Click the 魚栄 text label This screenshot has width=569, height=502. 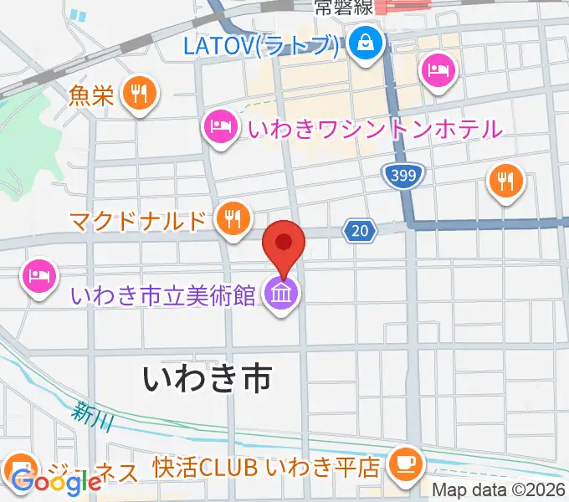[x=92, y=95]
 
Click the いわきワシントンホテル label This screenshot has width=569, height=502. [x=374, y=128]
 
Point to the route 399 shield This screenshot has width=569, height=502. [x=406, y=174]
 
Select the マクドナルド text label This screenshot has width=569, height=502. [x=137, y=221]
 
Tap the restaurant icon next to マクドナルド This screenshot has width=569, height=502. [x=232, y=218]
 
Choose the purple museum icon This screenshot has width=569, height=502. [x=279, y=294]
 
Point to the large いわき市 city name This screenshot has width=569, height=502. [x=208, y=378]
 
